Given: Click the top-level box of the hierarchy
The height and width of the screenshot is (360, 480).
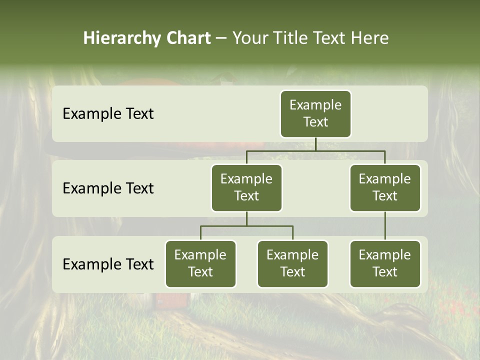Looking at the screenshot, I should [315, 113].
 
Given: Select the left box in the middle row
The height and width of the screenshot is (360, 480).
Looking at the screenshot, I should [246, 187].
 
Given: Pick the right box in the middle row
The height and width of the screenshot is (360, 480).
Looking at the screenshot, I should [385, 187].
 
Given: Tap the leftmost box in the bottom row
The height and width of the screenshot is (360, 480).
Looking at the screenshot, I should [200, 263].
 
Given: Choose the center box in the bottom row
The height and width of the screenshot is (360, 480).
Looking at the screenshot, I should [292, 263].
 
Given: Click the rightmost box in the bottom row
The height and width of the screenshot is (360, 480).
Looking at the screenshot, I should [385, 263].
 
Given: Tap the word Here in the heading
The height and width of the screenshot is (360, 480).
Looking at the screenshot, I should [369, 38].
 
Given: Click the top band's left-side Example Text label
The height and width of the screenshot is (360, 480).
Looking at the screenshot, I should [108, 113].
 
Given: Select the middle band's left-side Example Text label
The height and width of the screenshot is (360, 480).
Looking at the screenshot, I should [108, 188].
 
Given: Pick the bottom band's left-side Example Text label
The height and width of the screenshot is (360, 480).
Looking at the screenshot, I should [108, 264].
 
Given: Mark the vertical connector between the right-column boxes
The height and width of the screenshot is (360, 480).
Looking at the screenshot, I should [385, 226].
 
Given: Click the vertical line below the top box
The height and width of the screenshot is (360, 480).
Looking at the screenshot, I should [315, 144].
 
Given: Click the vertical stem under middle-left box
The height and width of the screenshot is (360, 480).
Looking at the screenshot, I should [246, 219].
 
